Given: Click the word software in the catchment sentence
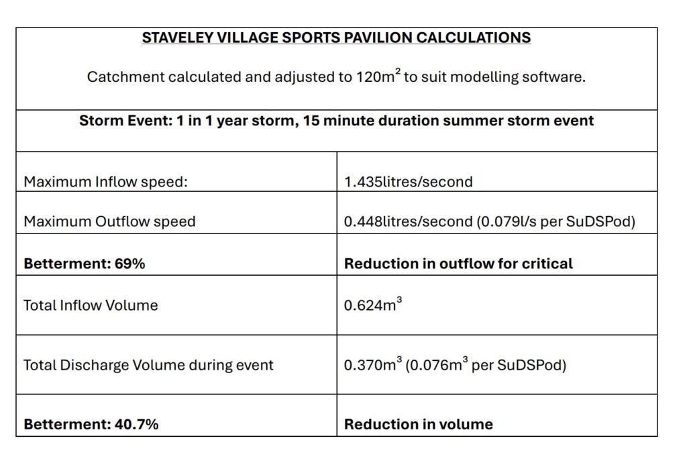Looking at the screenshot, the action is point(553,77).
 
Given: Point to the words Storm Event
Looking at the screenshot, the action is point(125,121).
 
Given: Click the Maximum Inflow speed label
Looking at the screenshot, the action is point(105,182).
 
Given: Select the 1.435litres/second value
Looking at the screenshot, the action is point(409,182).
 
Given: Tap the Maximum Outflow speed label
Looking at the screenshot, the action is point(109,221).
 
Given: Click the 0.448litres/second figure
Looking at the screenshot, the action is point(409,221).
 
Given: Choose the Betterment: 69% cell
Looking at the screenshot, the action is point(84,264).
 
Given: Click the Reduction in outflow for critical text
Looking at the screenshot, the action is point(458,264).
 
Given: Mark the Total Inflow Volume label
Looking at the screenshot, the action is point(91,305).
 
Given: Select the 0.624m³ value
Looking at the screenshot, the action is point(373,304).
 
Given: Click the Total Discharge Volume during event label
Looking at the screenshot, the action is point(148,365).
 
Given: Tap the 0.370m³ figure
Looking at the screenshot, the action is point(373,364).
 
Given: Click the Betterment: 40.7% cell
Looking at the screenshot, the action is point(91,424).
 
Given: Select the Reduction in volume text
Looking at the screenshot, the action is point(419,424).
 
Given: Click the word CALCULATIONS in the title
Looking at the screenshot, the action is point(474,38).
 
